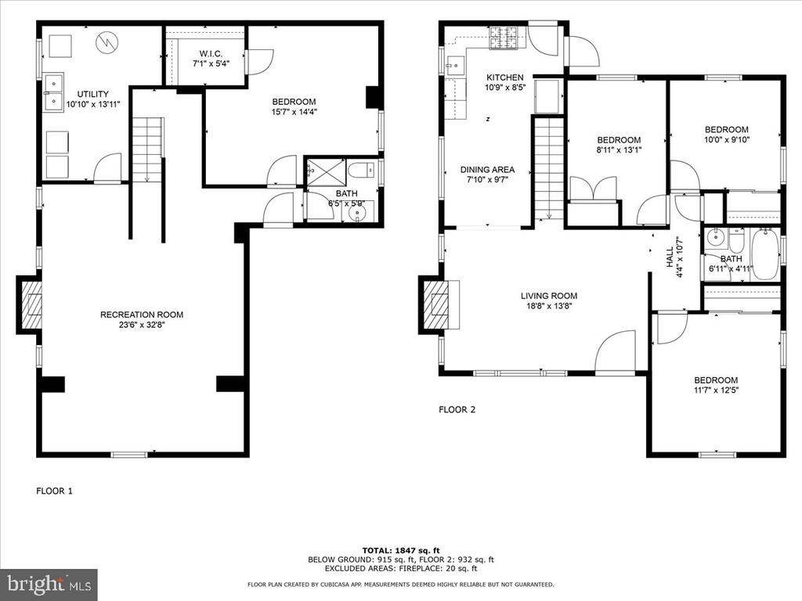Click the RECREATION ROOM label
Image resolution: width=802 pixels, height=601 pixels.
(142, 315)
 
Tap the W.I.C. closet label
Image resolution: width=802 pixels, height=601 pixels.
(211, 54)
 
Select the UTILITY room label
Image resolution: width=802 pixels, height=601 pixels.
(92, 94)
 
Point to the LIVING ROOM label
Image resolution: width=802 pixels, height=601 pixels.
(549, 296)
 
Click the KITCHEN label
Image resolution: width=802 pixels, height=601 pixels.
(505, 77)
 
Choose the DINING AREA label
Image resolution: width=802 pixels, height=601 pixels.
(487, 170)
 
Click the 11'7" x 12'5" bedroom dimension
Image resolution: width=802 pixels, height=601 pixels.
(716, 390)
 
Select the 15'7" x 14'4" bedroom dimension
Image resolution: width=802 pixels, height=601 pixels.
(294, 111)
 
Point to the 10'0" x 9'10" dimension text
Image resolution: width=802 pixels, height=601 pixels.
(726, 139)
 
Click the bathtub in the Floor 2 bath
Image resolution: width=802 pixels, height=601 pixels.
(764, 254)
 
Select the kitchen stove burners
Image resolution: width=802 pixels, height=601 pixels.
(504, 38)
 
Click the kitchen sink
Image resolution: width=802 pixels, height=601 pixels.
(455, 65)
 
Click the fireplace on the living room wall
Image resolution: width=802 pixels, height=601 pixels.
(440, 306)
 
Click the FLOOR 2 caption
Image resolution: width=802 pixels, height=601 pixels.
(457, 409)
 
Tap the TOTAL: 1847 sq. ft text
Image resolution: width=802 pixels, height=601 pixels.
(401, 550)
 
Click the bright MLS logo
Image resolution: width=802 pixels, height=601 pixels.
(49, 584)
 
